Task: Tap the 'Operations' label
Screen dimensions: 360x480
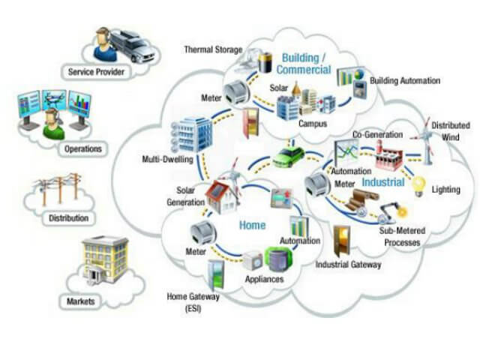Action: (82, 148)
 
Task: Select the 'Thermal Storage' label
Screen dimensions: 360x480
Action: (213, 50)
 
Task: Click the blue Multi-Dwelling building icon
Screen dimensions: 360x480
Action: (193, 134)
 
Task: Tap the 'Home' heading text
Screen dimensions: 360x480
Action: (252, 224)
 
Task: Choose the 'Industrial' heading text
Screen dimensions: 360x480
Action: (382, 182)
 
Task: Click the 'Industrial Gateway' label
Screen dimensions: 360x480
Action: (349, 265)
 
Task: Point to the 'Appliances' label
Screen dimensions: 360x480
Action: (263, 279)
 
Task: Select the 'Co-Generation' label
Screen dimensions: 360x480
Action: (377, 134)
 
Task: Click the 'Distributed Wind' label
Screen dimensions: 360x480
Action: (449, 130)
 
